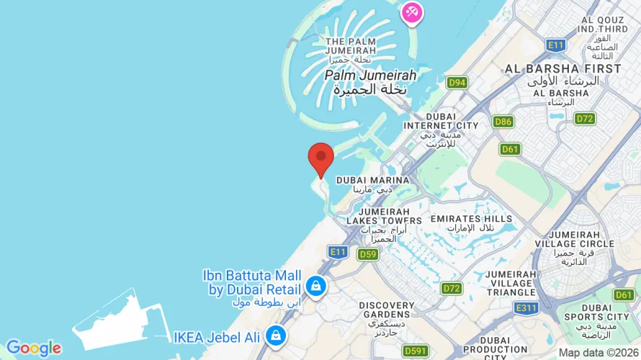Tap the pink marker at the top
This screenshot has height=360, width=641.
(412, 12)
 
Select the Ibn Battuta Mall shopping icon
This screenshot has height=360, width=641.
(315, 286)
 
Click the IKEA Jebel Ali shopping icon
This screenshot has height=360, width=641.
(274, 335)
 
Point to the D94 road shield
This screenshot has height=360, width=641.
(457, 83)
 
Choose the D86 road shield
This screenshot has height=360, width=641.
(503, 122)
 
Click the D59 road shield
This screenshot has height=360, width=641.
(368, 253)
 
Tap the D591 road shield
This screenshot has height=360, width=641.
(416, 351)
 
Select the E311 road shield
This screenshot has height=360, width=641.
(526, 307)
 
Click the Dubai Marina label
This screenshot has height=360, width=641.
(372, 180)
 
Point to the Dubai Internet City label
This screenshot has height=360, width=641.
(441, 121)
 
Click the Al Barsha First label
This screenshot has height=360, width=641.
(562, 69)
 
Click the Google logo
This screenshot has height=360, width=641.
(33, 348)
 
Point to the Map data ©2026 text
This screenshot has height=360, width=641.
(599, 353)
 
